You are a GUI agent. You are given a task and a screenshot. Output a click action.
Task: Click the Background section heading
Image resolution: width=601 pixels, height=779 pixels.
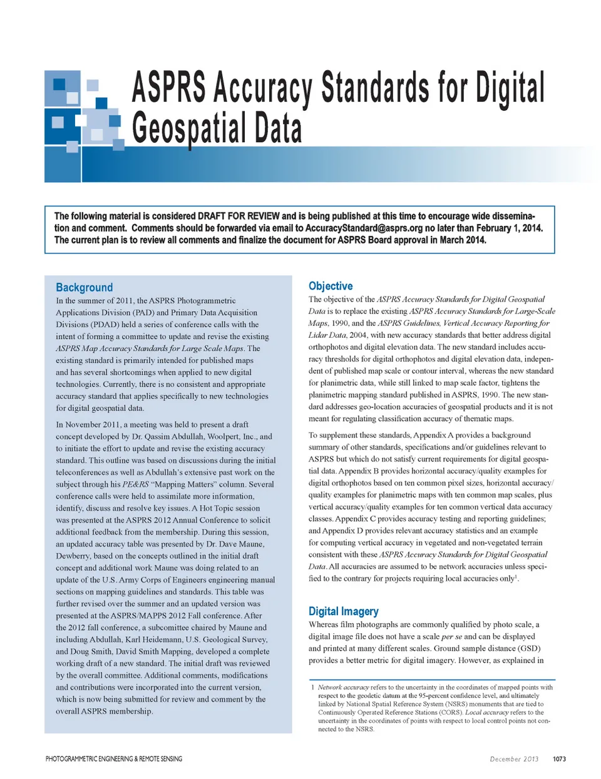[85, 287]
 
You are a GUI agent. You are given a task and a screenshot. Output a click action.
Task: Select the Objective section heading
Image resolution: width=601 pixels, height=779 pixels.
[331, 286]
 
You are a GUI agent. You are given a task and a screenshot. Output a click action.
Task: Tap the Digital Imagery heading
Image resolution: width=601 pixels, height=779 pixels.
[343, 611]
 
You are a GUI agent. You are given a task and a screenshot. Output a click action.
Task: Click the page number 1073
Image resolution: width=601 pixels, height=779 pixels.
[559, 759]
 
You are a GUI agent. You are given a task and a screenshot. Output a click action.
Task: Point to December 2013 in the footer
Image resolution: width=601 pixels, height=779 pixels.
[514, 759]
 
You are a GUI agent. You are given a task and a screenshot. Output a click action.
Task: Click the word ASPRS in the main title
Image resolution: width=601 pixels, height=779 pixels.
[169, 88]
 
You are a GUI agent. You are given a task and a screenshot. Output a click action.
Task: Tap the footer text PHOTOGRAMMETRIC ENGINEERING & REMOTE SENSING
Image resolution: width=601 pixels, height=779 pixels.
[114, 759]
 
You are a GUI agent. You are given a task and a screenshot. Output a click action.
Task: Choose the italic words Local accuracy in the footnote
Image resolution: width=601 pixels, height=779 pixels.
[486, 712]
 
